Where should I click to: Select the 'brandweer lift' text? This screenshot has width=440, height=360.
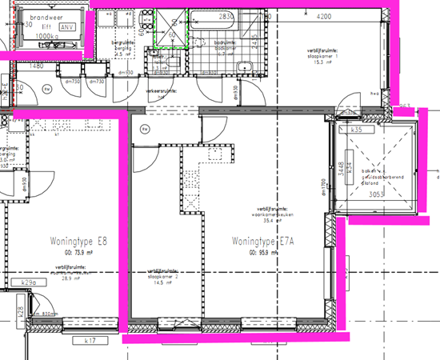(47, 21)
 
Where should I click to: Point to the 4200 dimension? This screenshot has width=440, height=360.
(324, 16)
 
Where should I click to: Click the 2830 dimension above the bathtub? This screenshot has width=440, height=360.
(226, 16)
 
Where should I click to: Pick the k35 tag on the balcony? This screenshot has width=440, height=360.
(357, 130)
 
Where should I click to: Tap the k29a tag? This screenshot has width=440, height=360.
(28, 283)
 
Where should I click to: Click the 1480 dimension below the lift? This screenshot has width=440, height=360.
(36, 66)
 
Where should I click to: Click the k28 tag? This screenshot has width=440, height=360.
(20, 310)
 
